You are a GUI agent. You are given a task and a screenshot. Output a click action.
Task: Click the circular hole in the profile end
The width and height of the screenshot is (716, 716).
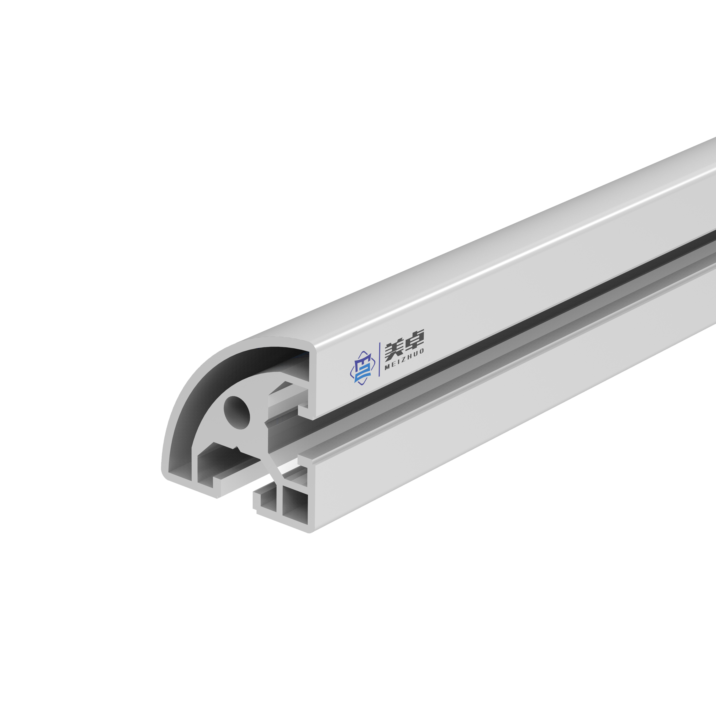pos(237,412)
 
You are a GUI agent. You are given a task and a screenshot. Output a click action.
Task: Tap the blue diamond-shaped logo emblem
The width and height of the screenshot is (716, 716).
pos(360,367)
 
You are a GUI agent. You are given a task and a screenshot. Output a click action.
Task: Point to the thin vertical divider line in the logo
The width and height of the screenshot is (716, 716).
pos(379,359)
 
